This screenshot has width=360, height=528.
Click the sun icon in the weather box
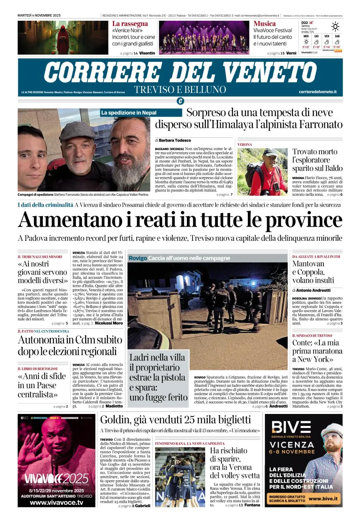[x=335, y=27]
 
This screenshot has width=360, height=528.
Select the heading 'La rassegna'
[x=130, y=24]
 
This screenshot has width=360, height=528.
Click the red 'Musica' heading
[x=264, y=24]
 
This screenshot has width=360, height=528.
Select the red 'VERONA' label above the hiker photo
[x=245, y=145]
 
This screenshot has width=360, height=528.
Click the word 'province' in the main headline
[x=303, y=220]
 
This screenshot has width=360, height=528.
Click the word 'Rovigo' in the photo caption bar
[x=138, y=258]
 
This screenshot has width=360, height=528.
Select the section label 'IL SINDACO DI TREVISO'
[x=312, y=335]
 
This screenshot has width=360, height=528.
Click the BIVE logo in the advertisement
[x=291, y=427]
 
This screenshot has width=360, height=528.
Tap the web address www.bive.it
[x=323, y=498]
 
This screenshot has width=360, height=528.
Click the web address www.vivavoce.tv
[x=56, y=503]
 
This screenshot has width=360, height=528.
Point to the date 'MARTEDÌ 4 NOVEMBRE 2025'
[x=39, y=15]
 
